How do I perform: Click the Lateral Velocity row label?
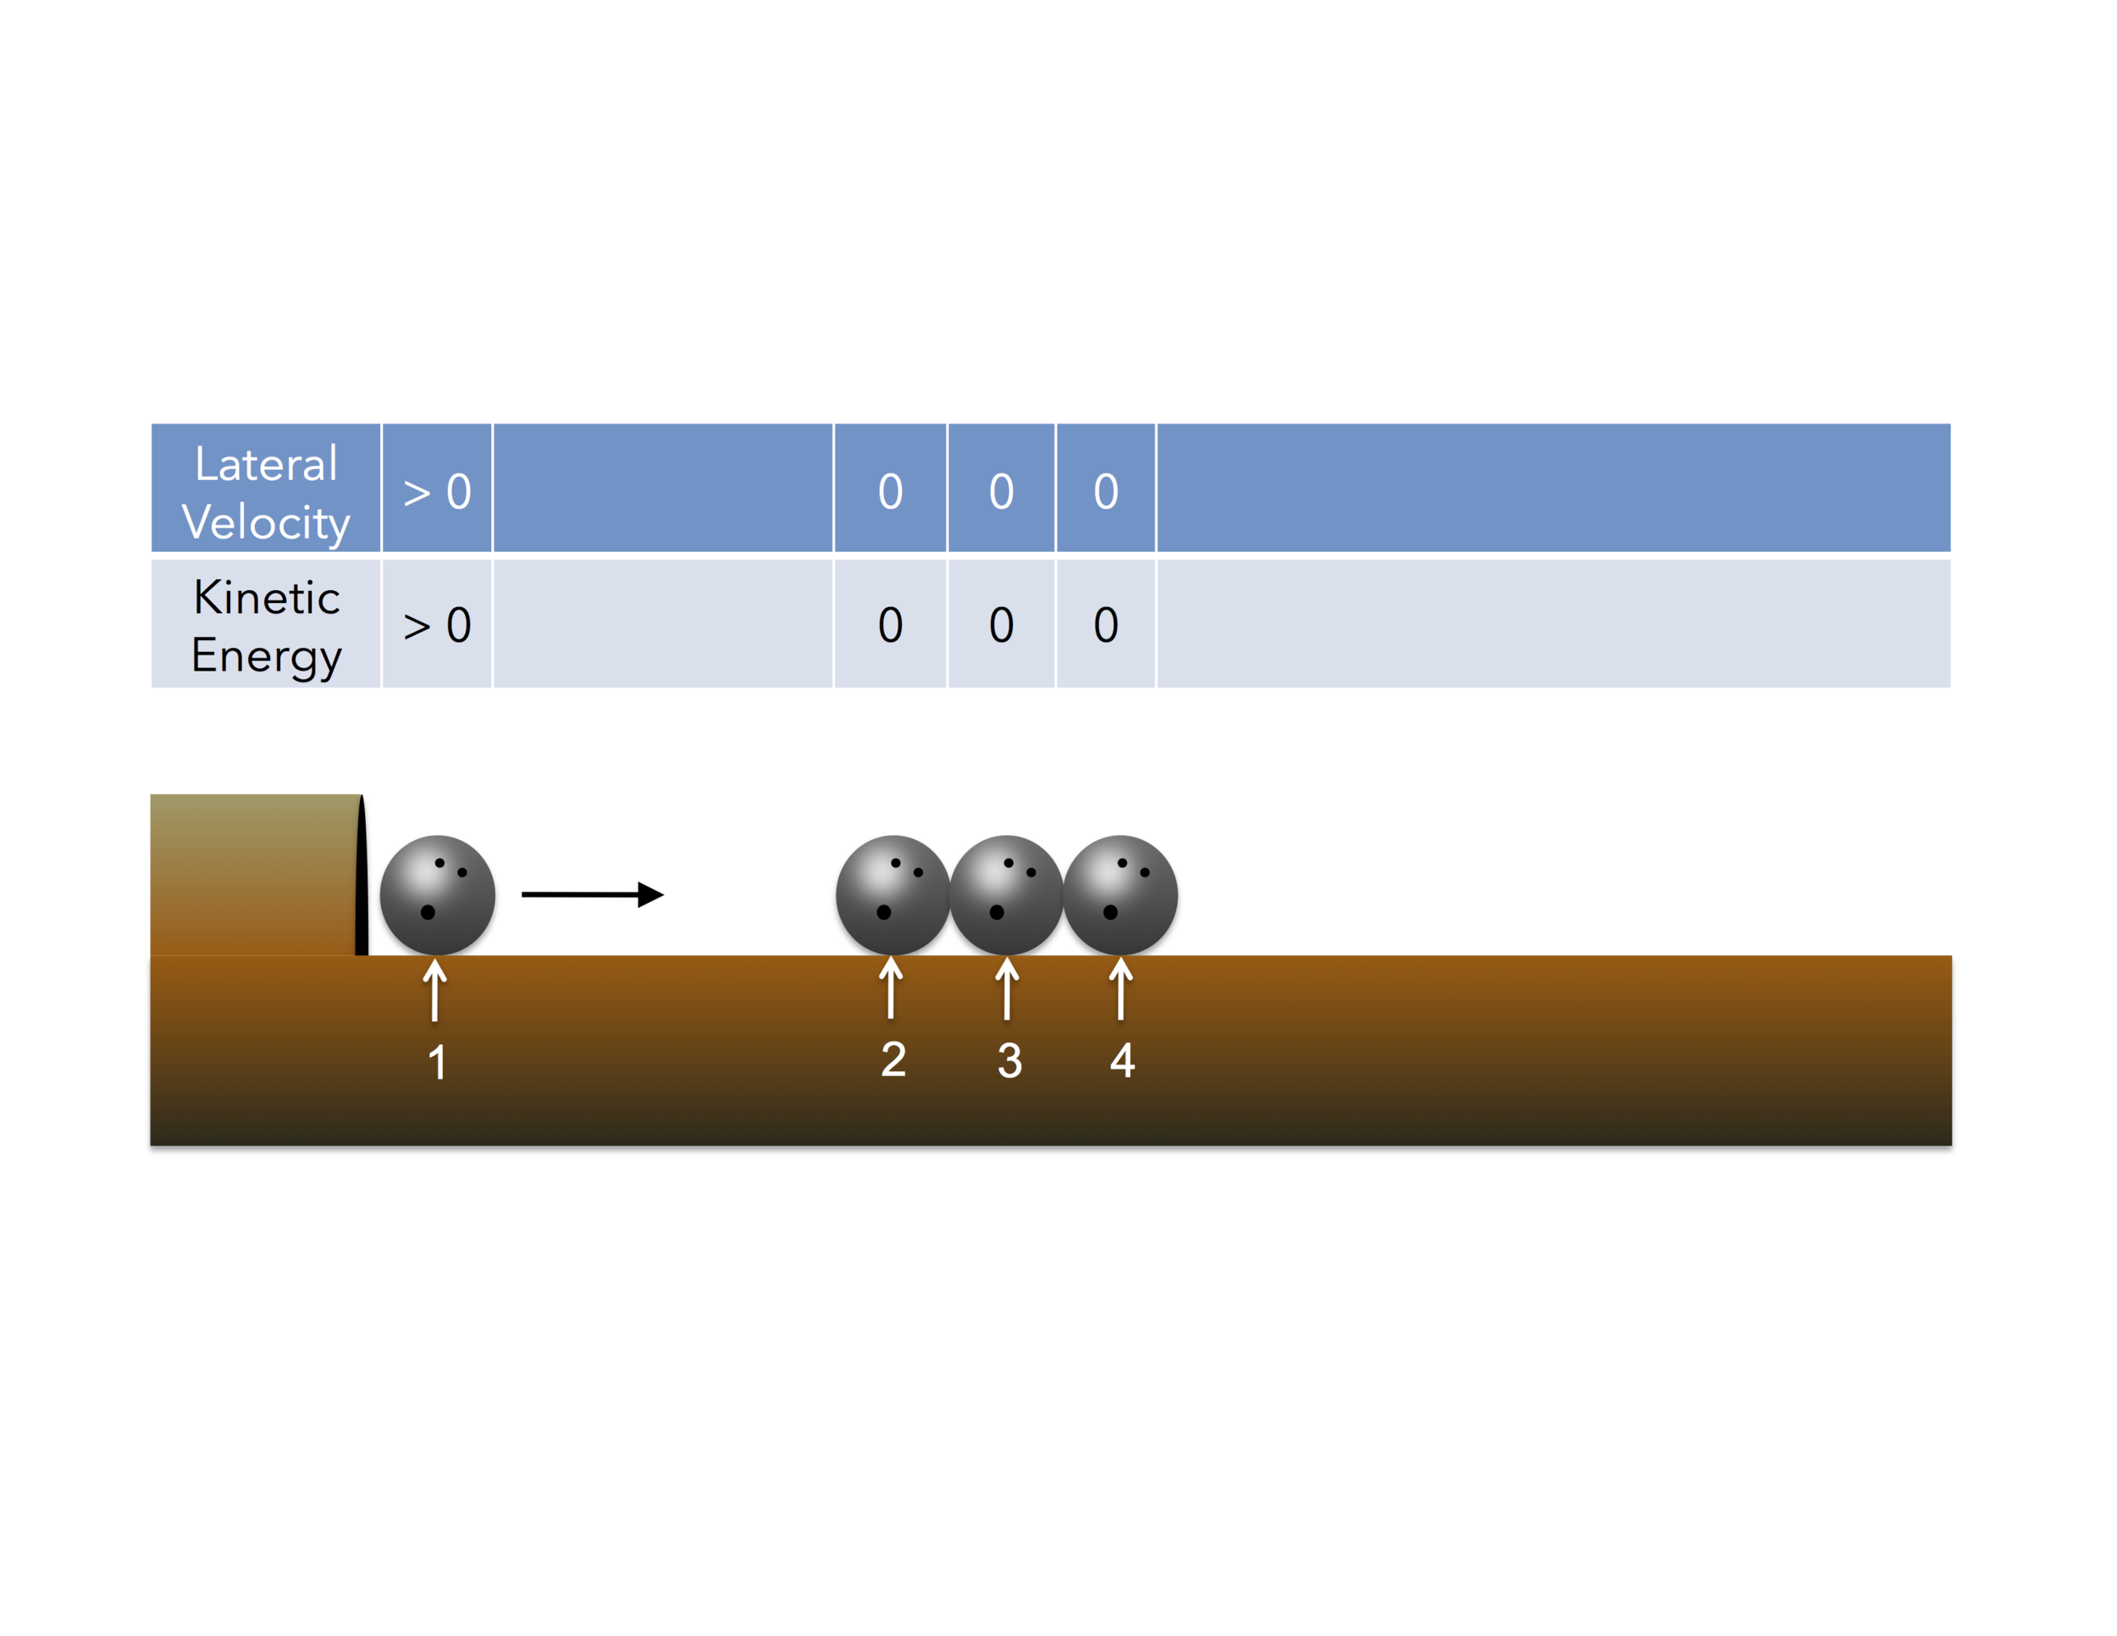[x=266, y=491]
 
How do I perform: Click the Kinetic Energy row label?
[x=266, y=625]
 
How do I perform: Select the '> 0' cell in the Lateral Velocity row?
[x=437, y=491]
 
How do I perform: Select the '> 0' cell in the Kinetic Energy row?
[x=437, y=625]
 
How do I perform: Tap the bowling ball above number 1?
[x=437, y=894]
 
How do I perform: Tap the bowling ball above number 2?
[x=893, y=894]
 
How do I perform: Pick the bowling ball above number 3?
[x=1006, y=894]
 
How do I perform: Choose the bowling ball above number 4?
[x=1120, y=894]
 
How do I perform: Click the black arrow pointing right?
[x=592, y=894]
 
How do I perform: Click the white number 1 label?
[x=437, y=1062]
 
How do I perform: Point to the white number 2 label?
[x=893, y=1059]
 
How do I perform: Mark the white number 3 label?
[x=1009, y=1060]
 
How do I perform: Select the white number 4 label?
[x=1123, y=1060]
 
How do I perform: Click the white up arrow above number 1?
[x=435, y=990]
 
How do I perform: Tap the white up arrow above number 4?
[x=1120, y=988]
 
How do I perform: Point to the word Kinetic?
[x=267, y=597]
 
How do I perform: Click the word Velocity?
[x=266, y=522]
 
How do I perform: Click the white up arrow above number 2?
[x=891, y=987]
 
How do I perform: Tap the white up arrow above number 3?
[x=1007, y=988]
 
